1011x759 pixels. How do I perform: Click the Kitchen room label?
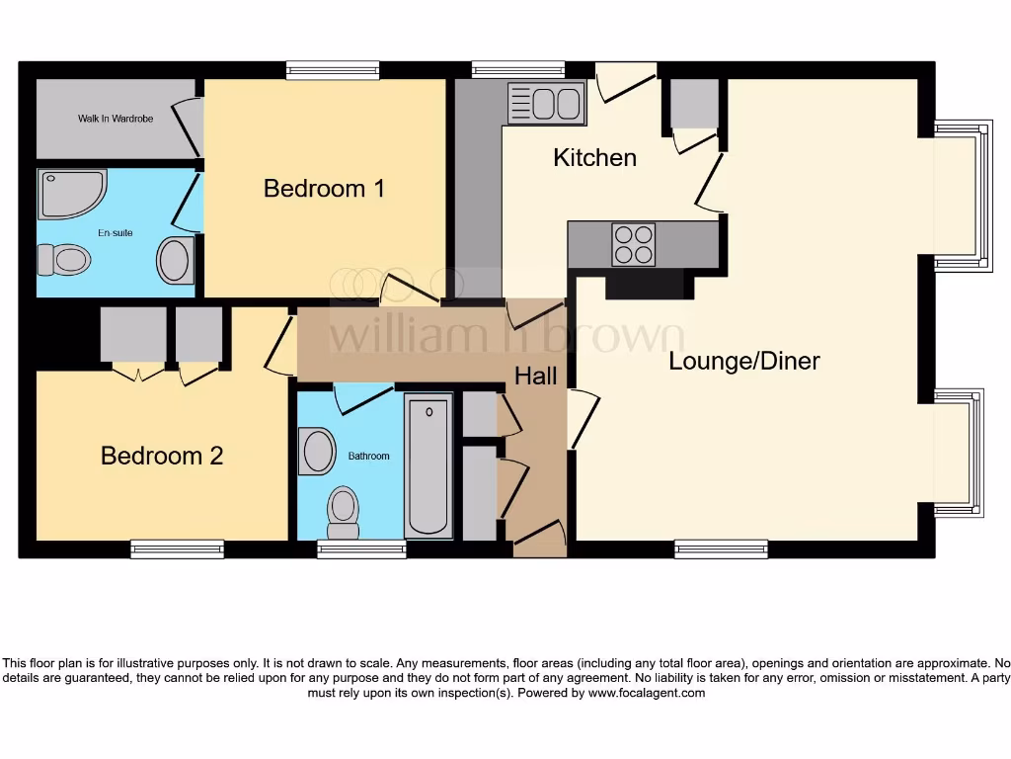pos(594,157)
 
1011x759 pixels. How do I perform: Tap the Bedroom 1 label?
pos(324,188)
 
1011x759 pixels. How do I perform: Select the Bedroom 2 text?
pos(162,456)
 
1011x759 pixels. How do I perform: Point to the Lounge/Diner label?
pos(744,361)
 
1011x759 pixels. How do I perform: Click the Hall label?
pos(535,376)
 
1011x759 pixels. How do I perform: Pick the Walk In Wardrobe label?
pos(116,119)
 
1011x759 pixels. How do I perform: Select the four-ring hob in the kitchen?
pos(633,244)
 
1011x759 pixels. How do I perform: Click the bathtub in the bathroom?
pos(428,464)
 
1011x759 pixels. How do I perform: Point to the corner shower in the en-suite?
pos(69,193)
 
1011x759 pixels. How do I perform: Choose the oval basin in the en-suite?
pos(174,261)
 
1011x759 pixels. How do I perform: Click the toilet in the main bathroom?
pos(344,506)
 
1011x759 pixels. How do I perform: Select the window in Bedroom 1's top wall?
pos(333,69)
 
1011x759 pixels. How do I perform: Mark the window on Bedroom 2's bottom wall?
pos(178,548)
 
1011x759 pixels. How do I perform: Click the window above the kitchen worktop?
pos(518,69)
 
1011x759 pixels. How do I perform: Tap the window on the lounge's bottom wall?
pos(721,548)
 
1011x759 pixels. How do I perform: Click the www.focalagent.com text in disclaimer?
pos(647,694)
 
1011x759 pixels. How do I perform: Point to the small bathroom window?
pos(361,548)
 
